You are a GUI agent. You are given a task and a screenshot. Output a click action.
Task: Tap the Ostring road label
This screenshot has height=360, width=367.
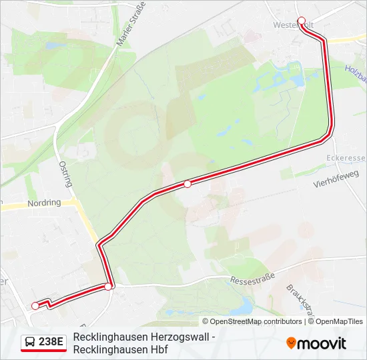(x=65, y=173)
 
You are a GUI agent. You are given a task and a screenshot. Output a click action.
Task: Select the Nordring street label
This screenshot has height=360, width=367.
(x=44, y=203)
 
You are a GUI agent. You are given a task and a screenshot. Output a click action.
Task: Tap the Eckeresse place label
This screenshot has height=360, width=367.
(x=346, y=158)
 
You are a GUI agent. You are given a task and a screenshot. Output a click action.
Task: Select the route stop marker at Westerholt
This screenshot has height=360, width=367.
(x=302, y=21)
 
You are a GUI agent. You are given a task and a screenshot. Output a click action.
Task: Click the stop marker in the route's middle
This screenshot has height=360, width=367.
(x=188, y=184)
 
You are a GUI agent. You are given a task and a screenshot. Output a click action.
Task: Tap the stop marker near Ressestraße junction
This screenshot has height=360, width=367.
(x=108, y=287)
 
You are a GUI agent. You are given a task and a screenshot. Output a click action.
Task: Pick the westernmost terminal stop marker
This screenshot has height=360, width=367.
(x=35, y=306)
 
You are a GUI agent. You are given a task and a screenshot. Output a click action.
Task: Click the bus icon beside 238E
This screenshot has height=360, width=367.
(x=30, y=343)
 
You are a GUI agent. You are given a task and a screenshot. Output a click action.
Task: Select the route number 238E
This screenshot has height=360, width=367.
(x=51, y=343)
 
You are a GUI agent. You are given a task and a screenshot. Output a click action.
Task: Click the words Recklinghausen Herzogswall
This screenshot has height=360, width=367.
(x=144, y=337)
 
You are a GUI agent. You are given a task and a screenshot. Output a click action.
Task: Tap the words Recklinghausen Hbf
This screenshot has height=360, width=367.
(x=120, y=349)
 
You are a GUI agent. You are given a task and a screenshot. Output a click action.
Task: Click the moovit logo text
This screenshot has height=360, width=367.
(x=322, y=343)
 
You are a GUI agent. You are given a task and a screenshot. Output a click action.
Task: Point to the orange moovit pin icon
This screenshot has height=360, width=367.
(x=291, y=343)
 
